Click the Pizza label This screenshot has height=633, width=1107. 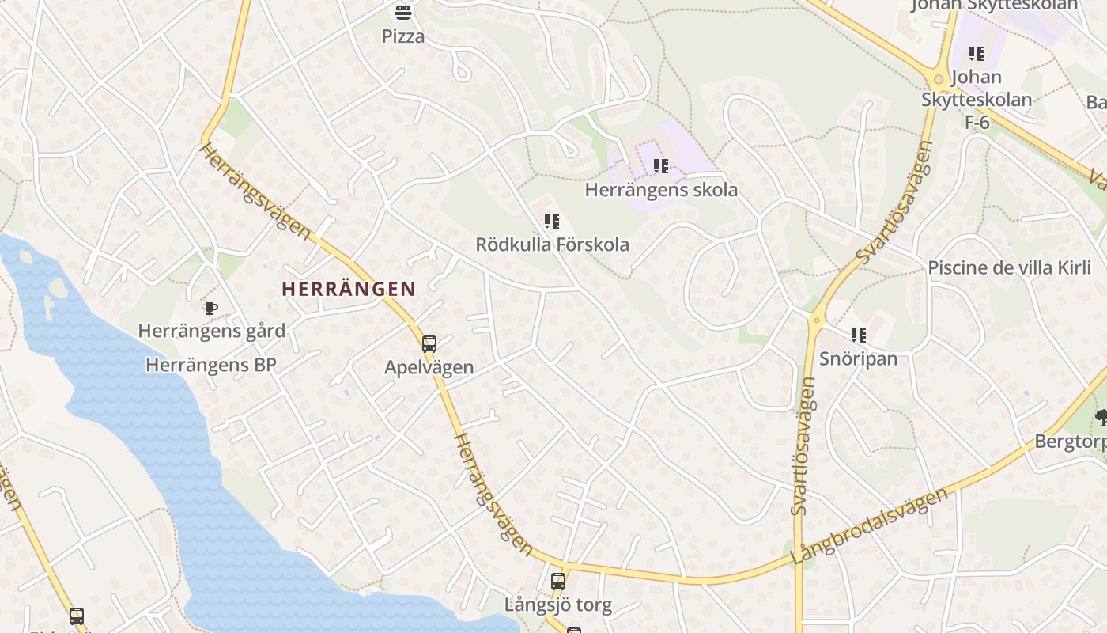pos(403,36)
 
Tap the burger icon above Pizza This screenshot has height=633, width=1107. pos(403,13)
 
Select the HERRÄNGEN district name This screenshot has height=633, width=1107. pos(349,289)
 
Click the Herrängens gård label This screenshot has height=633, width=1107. pos(212,331)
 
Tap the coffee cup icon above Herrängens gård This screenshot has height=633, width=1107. pos(210,308)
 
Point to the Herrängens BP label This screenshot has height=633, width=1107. pos(211,365)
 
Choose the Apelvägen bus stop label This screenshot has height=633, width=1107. pos(429,367)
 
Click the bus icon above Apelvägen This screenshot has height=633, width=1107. pos(429,344)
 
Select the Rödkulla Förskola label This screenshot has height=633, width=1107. pos(552,244)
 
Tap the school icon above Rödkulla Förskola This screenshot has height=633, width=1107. pos(552,222)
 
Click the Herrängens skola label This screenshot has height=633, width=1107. pos(661,190)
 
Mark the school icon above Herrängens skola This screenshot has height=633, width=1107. pos(661,166)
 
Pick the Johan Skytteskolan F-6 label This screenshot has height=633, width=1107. pos(977,100)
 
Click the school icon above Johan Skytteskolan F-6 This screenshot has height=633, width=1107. pos(977,54)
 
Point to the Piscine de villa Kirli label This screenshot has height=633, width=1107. pos(1009,267)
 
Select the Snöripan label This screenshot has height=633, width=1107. pos(858,358)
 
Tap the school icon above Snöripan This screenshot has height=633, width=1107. pos(858,335)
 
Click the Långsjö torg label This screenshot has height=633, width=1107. pos(558,605)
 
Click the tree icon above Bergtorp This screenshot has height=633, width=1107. pos(1101,418)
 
